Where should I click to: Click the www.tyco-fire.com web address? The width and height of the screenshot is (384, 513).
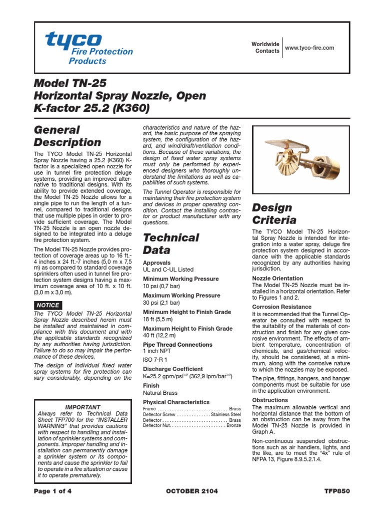pyautogui.click(x=309, y=48)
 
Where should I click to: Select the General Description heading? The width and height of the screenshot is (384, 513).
pyautogui.click(x=67, y=136)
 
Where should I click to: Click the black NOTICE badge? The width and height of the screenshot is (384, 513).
pyautogui.click(x=48, y=305)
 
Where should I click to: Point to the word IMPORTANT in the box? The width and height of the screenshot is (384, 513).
pyautogui.click(x=83, y=407)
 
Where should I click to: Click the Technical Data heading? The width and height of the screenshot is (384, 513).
pyautogui.click(x=171, y=243)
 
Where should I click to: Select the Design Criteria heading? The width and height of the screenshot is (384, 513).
pyautogui.click(x=274, y=213)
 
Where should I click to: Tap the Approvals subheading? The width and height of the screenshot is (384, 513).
pyautogui.click(x=156, y=263)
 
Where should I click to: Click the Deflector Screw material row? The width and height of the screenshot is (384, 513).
pyautogui.click(x=192, y=415)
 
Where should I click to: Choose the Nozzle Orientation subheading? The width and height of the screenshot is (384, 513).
pyautogui.click(x=277, y=278)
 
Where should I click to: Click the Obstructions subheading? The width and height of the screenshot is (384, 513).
pyautogui.click(x=270, y=400)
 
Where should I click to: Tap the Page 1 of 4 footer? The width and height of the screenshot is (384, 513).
pyautogui.click(x=52, y=491)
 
